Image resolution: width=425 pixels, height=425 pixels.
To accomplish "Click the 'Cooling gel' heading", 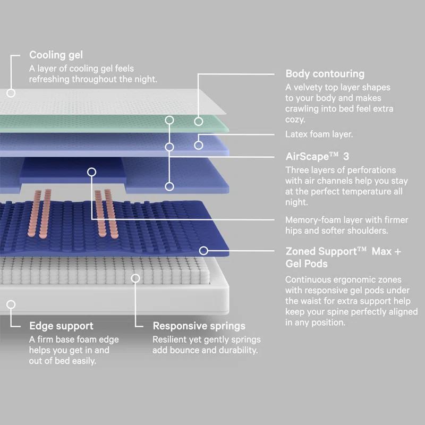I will click(56, 55).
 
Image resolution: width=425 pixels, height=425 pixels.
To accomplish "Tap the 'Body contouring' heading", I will click(325, 74).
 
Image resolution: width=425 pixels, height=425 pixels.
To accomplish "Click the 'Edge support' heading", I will click(62, 326).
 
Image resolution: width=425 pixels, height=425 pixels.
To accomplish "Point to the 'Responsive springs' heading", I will click(199, 326).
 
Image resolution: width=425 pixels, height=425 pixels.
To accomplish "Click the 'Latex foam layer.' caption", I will click(319, 134).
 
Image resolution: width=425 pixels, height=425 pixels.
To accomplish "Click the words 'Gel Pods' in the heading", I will click(308, 264).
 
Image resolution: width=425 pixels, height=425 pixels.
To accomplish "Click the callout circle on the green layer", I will click(199, 121).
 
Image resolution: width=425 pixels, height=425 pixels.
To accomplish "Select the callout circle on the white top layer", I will click(11, 93).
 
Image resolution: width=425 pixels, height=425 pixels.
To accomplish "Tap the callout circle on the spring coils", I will click(136, 278).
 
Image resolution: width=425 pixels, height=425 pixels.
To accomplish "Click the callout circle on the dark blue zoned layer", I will click(203, 251).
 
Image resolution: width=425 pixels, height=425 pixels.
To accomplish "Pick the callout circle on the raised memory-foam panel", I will click(91, 172).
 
